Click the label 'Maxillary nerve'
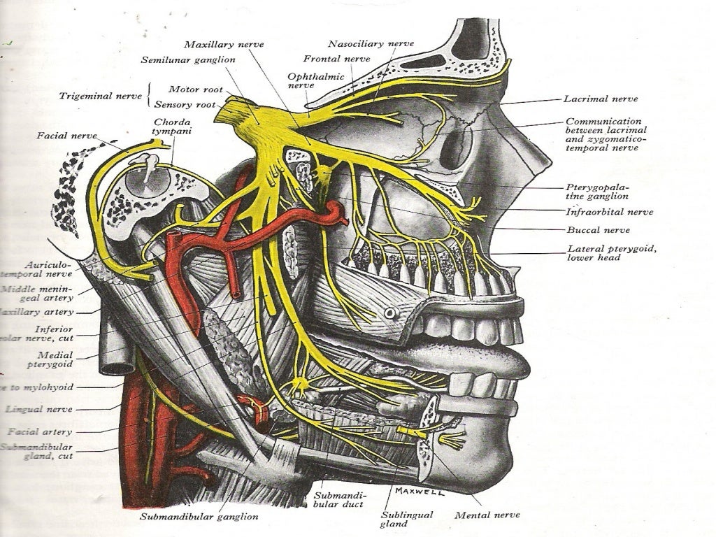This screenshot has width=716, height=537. [x=230, y=44]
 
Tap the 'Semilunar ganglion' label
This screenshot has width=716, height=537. [x=187, y=60]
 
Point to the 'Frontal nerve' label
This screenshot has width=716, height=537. [x=336, y=59]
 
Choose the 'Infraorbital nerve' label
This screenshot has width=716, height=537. [x=609, y=212]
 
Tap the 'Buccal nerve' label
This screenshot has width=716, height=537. [x=598, y=230]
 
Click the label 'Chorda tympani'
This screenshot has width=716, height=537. [x=173, y=127]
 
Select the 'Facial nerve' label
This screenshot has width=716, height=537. [x=66, y=135]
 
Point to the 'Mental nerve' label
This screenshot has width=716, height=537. [x=487, y=515]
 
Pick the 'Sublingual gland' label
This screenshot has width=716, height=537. [x=406, y=520]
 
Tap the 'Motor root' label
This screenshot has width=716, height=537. [x=195, y=89]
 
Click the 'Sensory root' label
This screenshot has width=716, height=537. [x=185, y=105]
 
